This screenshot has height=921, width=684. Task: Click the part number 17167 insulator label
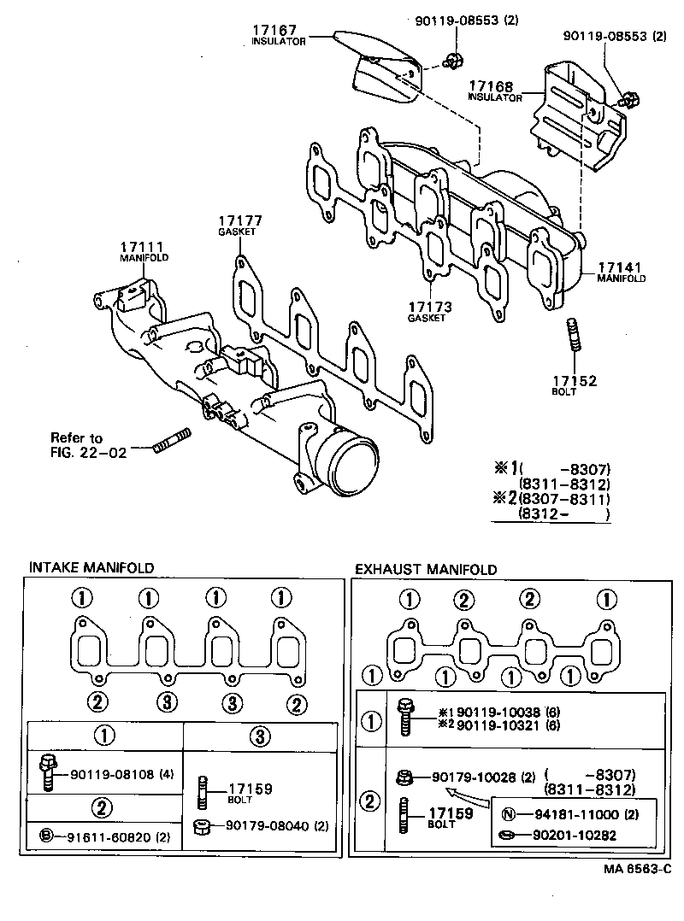point(274,30)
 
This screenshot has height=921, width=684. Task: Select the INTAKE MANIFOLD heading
point(91,567)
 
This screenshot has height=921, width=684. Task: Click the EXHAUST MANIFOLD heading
point(425,569)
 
